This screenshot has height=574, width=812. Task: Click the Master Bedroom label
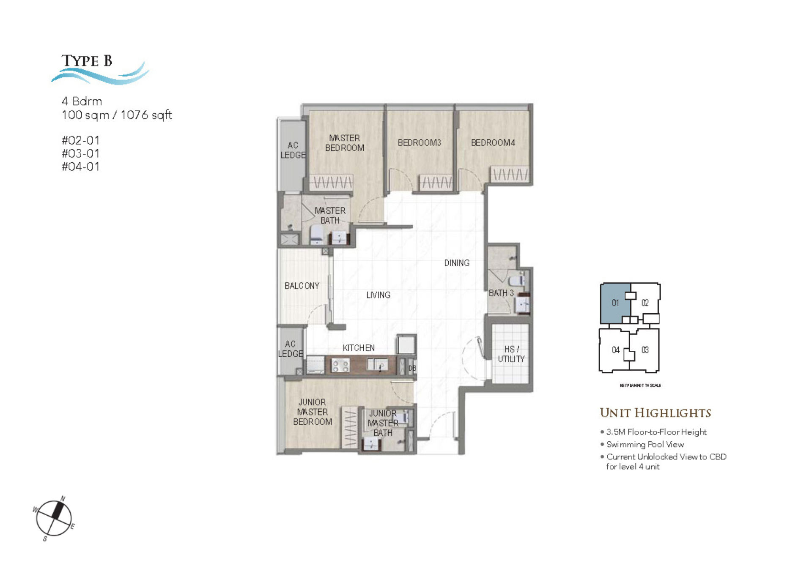tap(344, 143)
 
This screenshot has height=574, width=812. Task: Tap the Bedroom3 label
tap(419, 143)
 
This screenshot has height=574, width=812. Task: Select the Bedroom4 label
tap(493, 143)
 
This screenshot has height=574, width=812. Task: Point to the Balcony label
tap(302, 286)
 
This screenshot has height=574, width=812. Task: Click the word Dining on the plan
tap(456, 263)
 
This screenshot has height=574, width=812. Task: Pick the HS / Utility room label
tap(511, 354)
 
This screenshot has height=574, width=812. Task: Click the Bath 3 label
tap(501, 293)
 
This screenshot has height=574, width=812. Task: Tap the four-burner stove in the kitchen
tap(340, 365)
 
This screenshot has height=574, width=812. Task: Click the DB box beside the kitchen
tap(412, 368)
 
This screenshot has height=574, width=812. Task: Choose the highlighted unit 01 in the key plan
tap(615, 303)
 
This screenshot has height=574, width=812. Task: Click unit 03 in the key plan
tap(645, 350)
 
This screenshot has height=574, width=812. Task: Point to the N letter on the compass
tap(63, 499)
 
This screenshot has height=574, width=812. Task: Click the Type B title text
tap(87, 61)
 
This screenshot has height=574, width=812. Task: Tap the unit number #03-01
tap(80, 153)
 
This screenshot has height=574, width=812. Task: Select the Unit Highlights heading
tap(655, 413)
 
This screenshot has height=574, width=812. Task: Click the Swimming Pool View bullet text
tap(645, 444)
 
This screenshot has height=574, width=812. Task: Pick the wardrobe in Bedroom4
tap(509, 174)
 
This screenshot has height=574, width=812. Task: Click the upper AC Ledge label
tap(293, 150)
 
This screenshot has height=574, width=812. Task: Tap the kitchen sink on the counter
tap(377, 364)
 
